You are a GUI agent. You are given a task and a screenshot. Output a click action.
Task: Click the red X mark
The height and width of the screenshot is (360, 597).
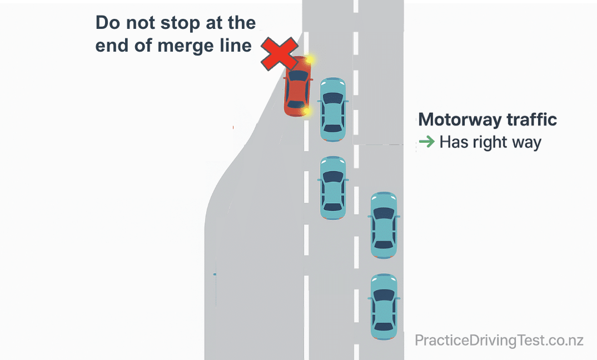(280, 54)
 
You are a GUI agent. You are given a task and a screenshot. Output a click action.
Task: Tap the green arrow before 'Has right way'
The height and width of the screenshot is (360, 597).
(426, 142)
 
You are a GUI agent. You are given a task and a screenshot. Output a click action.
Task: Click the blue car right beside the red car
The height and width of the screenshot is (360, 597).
(332, 109)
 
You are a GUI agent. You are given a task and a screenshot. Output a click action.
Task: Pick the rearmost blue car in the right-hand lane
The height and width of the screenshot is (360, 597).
(384, 306)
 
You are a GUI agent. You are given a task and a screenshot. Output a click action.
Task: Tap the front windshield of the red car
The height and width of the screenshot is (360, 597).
(298, 76)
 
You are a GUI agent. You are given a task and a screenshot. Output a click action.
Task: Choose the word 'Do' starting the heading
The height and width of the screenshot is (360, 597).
(106, 23)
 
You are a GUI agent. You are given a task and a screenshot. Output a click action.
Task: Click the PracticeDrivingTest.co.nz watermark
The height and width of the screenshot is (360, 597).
(499, 340)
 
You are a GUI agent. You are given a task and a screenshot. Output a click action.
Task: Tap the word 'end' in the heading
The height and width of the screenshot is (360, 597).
(111, 46)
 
